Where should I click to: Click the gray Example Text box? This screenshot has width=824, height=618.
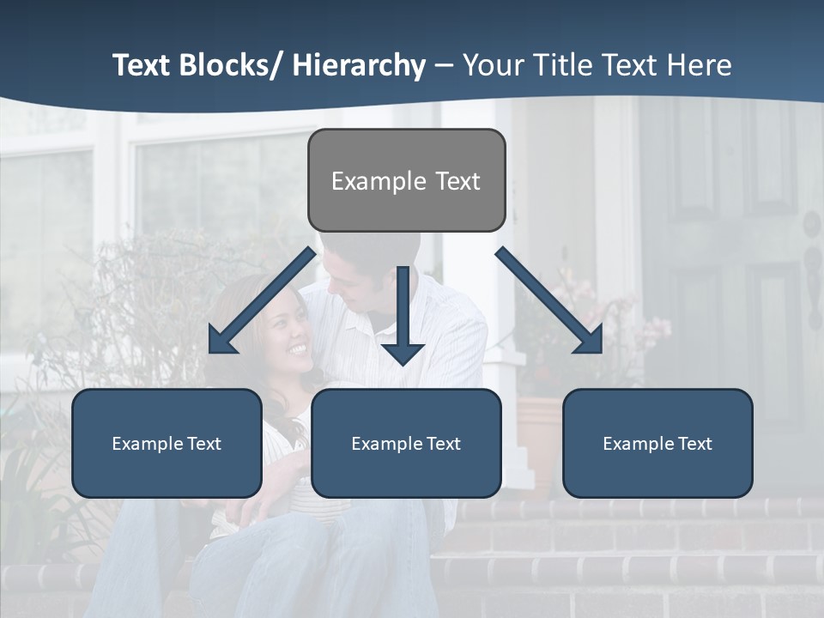[406, 180]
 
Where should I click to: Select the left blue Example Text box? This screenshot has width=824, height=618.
[167, 443]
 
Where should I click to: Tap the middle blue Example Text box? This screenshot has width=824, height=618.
[406, 443]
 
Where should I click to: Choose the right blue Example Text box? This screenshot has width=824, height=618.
[657, 443]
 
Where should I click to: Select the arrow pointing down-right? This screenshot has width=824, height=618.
[550, 301]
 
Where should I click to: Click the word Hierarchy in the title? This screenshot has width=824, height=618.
[359, 65]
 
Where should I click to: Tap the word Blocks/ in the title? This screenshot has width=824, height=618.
[233, 65]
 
